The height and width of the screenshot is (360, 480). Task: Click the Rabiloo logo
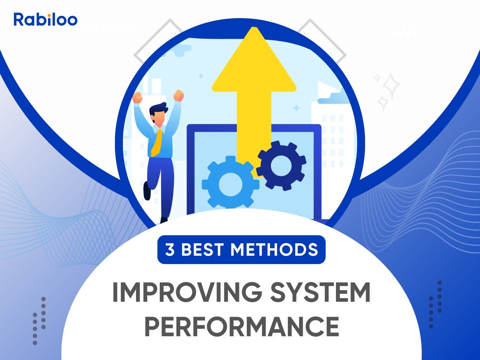click(x=45, y=19)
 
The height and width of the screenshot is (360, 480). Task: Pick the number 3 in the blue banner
click(x=170, y=250)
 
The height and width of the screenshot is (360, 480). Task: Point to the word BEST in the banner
click(x=202, y=250)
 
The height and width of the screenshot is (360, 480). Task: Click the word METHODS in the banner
click(x=274, y=250)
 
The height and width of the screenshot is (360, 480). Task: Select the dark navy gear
click(x=281, y=165)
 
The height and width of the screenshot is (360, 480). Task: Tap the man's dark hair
click(x=157, y=109)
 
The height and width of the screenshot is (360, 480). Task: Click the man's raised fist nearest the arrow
click(x=179, y=96)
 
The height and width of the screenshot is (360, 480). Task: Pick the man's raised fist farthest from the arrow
click(x=137, y=97)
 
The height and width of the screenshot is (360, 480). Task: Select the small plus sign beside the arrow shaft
click(x=296, y=108)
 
